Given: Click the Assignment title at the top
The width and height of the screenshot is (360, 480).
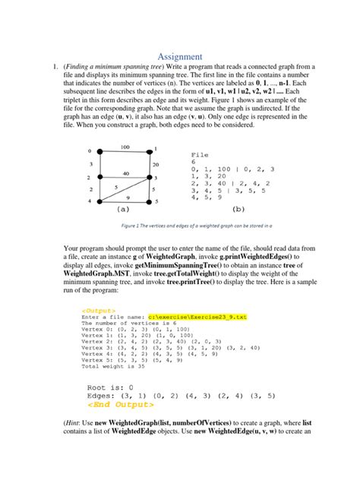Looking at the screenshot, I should point(180,55).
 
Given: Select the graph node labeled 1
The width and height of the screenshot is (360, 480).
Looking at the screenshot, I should point(147,150).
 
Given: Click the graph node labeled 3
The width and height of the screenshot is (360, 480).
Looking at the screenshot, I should point(147,177).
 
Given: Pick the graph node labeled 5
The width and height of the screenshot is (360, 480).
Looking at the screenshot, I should point(147,202).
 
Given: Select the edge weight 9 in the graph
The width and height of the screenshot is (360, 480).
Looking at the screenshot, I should point(127,197).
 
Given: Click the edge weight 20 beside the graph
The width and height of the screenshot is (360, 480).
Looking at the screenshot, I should point(155,163).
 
